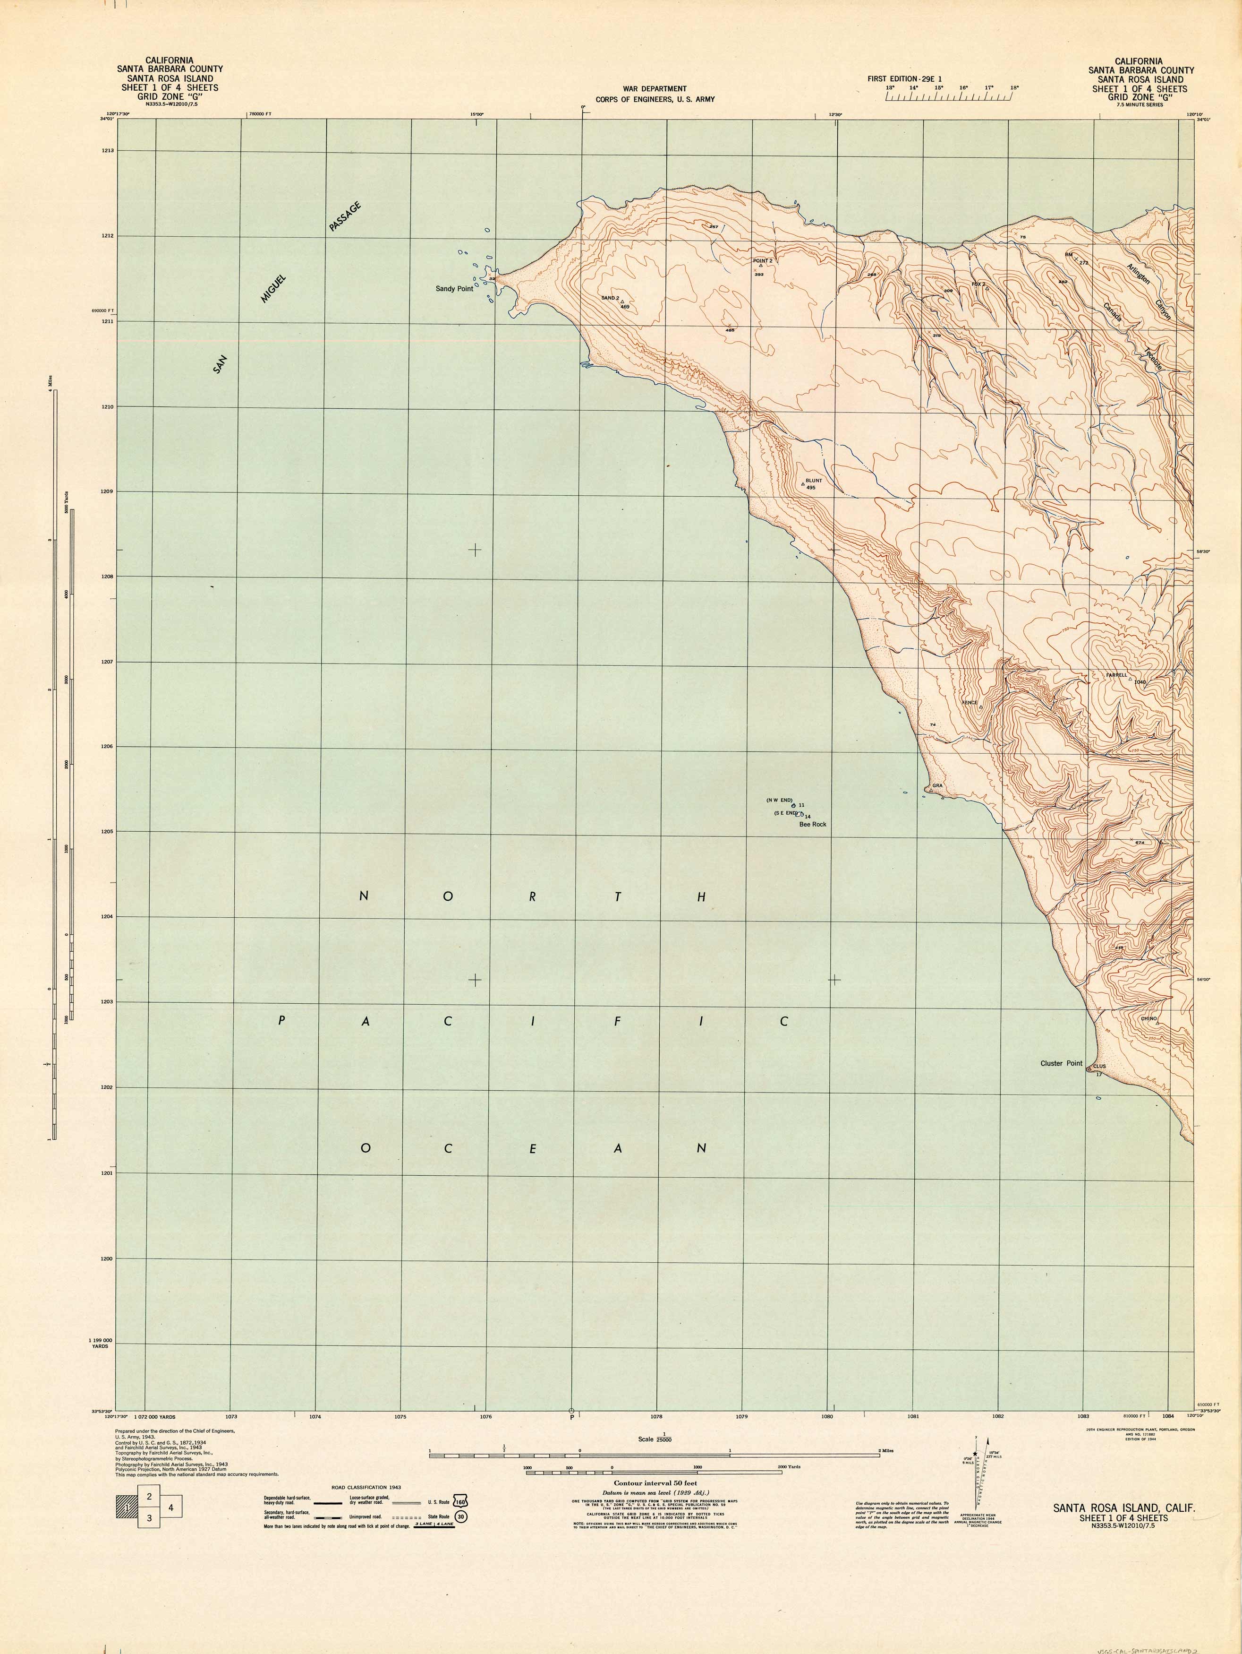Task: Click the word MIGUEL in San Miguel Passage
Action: point(273,289)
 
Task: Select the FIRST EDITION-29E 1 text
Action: point(904,78)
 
